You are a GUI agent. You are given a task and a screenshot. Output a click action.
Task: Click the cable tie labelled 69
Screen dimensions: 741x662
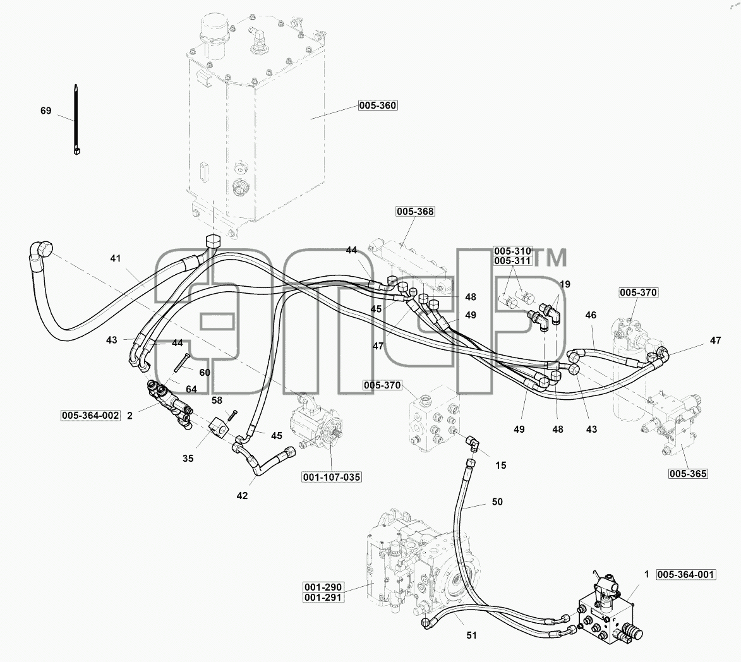(76, 119)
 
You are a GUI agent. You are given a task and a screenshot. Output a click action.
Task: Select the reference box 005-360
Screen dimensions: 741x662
(378, 105)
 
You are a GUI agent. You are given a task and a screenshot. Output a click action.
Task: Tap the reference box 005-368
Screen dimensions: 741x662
(415, 211)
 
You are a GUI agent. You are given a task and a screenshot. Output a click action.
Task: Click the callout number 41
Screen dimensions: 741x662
(116, 258)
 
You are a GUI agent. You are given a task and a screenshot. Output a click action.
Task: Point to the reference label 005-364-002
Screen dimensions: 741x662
(90, 416)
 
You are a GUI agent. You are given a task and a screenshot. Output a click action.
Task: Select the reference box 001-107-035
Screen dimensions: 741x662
(332, 478)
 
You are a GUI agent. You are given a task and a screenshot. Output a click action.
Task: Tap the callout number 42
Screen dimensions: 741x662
(242, 496)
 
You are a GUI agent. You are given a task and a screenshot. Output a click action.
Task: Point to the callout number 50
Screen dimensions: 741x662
(497, 502)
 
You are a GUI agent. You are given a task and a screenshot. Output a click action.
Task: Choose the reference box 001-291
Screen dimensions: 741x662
(323, 598)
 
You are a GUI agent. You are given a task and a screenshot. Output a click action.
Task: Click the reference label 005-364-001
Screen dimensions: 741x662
(685, 575)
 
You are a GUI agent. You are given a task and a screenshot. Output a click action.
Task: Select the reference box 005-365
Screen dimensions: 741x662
(688, 474)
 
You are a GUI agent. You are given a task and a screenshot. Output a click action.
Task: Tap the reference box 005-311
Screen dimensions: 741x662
(513, 261)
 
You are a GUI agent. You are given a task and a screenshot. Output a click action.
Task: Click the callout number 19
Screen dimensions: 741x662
(565, 284)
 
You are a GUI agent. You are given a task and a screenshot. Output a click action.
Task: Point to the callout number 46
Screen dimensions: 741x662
(591, 315)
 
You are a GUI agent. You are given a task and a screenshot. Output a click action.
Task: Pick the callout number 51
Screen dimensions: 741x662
(472, 635)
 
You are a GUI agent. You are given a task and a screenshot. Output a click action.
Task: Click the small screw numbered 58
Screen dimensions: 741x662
(232, 416)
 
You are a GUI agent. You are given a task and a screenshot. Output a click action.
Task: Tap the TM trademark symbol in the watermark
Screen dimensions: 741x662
(551, 258)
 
